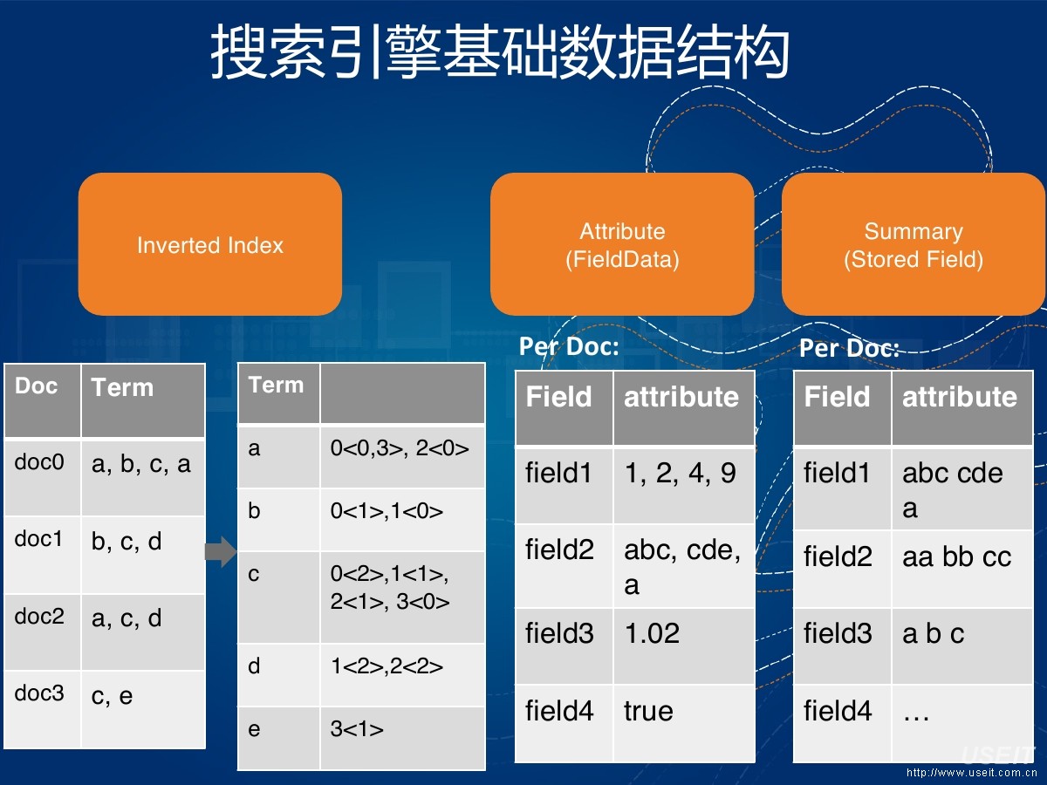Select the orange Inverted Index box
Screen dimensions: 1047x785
click(210, 244)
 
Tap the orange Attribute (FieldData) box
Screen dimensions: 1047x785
click(622, 244)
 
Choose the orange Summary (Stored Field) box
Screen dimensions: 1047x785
click(913, 244)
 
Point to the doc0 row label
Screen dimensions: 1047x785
click(40, 463)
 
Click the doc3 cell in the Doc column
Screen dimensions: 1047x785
click(40, 694)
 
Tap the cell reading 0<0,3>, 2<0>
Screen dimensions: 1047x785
click(400, 449)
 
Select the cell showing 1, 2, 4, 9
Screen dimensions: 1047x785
click(680, 474)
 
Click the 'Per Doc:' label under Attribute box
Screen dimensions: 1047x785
click(569, 346)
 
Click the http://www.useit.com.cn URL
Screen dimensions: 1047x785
click(970, 772)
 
